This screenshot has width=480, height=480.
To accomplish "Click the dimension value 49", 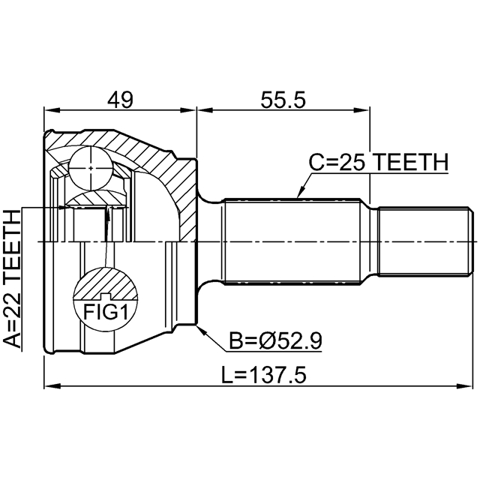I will coord(120,99).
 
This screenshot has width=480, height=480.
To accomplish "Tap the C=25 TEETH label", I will coord(379,161).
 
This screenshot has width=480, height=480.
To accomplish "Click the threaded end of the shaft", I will coord(426,241).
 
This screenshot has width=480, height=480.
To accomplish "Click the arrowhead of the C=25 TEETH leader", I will coord(298,196).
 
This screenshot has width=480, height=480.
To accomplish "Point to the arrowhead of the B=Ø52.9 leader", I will coord(198,328).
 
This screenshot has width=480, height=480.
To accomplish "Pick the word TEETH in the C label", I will coord(410,161).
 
